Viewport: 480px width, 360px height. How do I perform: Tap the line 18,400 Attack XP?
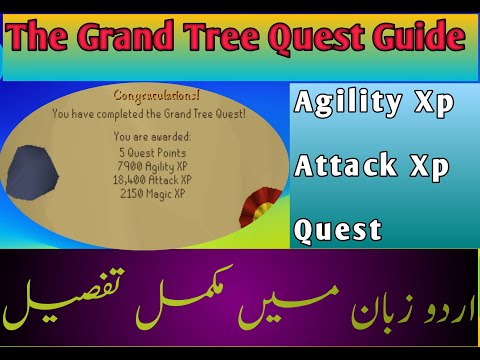click(x=153, y=178)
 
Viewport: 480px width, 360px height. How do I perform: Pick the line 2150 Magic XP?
click(x=153, y=191)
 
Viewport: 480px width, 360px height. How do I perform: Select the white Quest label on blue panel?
click(x=337, y=230)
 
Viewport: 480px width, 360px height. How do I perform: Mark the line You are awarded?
click(x=153, y=134)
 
